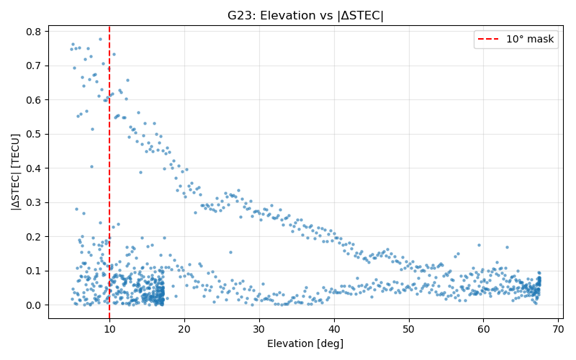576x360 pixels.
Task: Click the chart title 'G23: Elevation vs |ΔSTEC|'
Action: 305,16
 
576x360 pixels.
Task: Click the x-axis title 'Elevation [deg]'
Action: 305,344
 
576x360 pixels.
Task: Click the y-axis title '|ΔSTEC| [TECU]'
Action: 15,171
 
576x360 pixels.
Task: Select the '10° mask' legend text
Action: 530,40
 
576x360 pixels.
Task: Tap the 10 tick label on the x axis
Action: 109,329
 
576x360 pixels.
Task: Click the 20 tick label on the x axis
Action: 184,329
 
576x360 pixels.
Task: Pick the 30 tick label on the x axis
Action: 259,329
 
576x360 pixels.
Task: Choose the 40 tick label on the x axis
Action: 334,329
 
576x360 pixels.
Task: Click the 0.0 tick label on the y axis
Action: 32,305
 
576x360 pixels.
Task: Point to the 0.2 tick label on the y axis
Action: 32,237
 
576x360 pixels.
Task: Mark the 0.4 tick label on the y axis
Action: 32,168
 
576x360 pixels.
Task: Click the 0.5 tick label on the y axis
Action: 32,134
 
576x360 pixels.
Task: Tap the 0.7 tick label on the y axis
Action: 32,66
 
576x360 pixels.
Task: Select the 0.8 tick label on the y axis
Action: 32,32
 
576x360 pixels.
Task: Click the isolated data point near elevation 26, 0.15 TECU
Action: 230,253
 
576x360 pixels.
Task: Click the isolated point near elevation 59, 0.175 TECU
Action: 479,245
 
